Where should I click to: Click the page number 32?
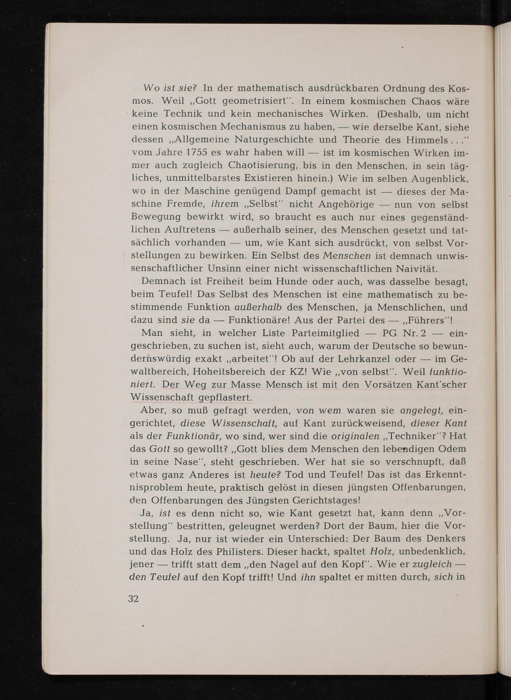click(x=133, y=599)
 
